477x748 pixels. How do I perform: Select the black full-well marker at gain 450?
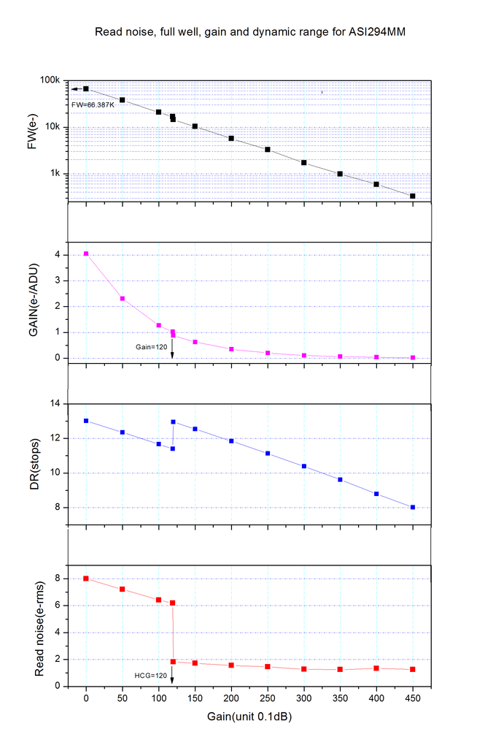[x=413, y=196]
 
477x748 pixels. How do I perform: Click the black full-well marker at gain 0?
[x=86, y=89]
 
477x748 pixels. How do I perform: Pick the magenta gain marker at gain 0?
[x=86, y=253]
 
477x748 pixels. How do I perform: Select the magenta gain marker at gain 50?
[x=123, y=298]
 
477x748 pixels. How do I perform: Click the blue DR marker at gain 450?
[x=413, y=507]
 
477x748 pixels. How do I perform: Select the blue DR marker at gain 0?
[x=86, y=421]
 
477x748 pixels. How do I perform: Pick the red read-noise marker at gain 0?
[x=86, y=579]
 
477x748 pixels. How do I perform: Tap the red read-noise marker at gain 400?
[x=376, y=668]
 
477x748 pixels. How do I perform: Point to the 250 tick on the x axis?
[x=268, y=698]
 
